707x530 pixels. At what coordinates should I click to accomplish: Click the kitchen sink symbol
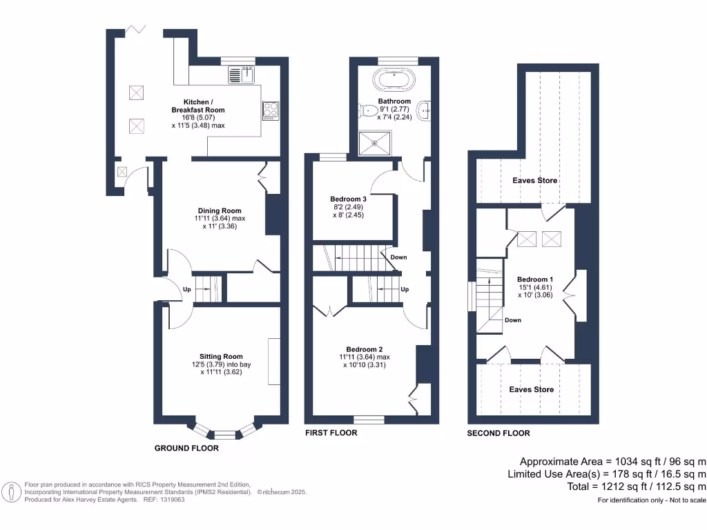coord(242,74)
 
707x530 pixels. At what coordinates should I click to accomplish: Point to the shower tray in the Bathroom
coord(376,144)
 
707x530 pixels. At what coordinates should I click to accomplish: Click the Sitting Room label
coord(217,357)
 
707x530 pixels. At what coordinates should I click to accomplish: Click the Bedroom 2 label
coord(365,349)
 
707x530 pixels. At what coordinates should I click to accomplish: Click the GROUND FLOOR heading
coord(186,449)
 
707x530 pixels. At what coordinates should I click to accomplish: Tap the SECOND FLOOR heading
coord(498,433)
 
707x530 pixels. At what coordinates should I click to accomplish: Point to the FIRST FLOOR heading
coord(331,433)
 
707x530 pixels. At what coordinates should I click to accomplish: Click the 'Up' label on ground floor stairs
coord(186,290)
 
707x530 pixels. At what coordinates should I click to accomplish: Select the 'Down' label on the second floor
coord(512,320)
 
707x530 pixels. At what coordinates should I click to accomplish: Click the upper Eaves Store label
coord(534,181)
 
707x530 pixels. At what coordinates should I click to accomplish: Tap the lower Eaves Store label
coord(532,390)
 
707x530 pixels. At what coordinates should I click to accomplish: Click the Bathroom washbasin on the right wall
coord(427,108)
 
